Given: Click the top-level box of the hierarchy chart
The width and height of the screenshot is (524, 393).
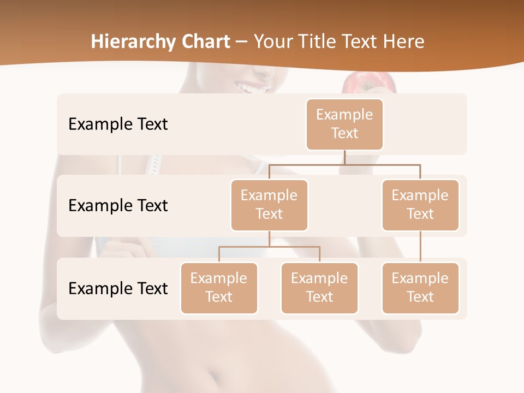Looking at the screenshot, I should tap(344, 124).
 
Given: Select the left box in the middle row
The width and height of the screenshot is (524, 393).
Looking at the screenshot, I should tap(269, 205).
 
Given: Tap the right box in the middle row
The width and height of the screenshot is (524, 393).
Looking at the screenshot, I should tap(420, 205).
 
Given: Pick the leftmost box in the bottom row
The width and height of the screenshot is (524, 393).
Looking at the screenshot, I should tap(219, 288).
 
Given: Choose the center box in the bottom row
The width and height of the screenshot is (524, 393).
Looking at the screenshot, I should tap(319, 288).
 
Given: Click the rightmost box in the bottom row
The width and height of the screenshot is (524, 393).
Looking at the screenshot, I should tap(420, 288).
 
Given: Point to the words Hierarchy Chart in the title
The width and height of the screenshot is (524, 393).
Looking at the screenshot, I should tap(160, 41).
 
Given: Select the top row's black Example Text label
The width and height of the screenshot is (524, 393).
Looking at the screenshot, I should tap(118, 124).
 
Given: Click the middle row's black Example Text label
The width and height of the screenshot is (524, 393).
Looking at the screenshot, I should tap(118, 205).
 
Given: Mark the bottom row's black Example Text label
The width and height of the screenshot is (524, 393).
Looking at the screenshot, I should tap(118, 288).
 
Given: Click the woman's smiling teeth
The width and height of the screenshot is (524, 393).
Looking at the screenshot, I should tap(253, 87).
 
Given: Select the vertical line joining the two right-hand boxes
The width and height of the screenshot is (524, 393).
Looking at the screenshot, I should tap(420, 247).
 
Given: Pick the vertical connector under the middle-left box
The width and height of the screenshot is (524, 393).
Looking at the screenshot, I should tap(269, 239).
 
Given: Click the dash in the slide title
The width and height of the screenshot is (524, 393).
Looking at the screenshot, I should tap(242, 42).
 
